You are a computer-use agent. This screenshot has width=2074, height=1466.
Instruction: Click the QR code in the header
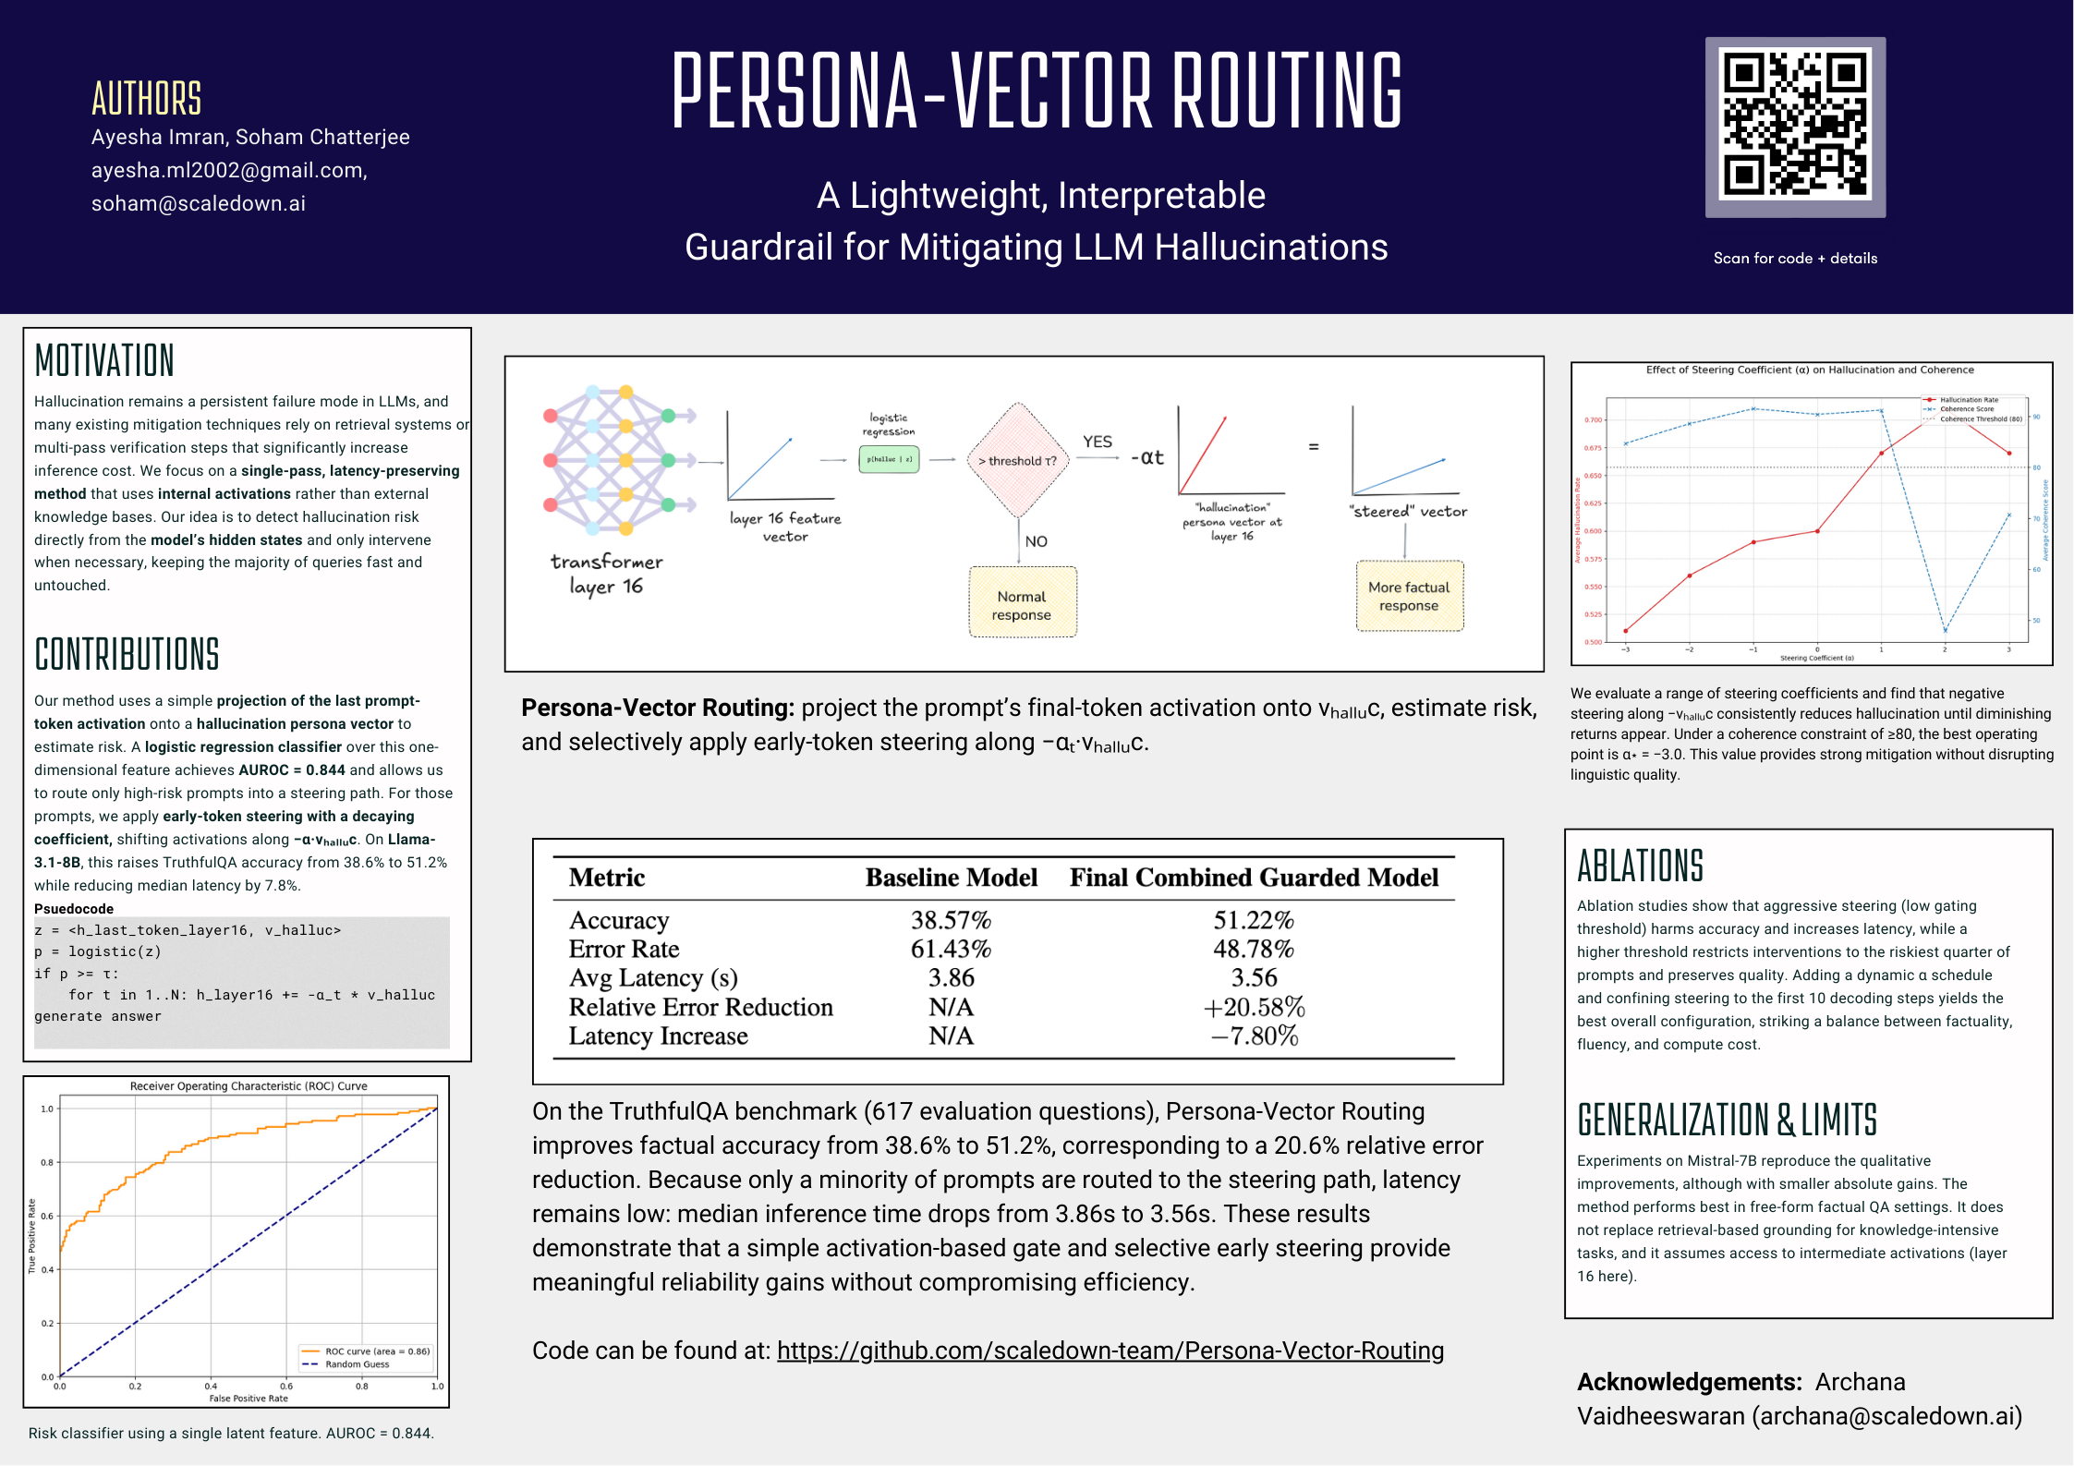1794,127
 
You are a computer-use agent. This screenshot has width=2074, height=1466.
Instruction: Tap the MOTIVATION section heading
104,360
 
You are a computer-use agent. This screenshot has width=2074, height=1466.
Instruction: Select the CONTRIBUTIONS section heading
127,654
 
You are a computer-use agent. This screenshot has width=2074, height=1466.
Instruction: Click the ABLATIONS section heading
1640,866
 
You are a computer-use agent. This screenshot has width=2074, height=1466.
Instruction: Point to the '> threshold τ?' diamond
1017,460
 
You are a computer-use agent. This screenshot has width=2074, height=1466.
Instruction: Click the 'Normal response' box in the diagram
1022,605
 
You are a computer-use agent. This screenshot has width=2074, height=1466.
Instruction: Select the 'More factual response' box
1409,596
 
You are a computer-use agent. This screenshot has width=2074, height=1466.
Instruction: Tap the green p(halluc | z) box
889,459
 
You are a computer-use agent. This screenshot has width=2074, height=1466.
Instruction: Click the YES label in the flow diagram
1098,442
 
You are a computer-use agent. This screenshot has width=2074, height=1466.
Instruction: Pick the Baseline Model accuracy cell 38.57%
951,920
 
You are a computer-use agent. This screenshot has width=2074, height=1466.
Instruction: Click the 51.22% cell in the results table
1254,920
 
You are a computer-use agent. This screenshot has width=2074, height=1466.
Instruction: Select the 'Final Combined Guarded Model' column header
1254,878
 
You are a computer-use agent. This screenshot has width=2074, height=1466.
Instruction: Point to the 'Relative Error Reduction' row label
700,1007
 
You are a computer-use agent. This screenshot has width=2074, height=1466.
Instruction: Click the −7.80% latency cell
1254,1036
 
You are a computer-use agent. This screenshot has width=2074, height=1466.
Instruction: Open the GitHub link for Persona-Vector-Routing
1110,1351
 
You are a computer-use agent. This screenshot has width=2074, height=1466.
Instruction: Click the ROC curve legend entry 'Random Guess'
358,1364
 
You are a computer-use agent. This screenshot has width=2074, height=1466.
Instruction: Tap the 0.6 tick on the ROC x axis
286,1387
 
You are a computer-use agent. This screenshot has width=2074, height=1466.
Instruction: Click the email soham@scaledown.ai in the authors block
199,203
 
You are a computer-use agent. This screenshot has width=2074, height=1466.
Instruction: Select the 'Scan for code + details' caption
1795,259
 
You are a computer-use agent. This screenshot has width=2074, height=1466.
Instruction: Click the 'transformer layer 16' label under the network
606,574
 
